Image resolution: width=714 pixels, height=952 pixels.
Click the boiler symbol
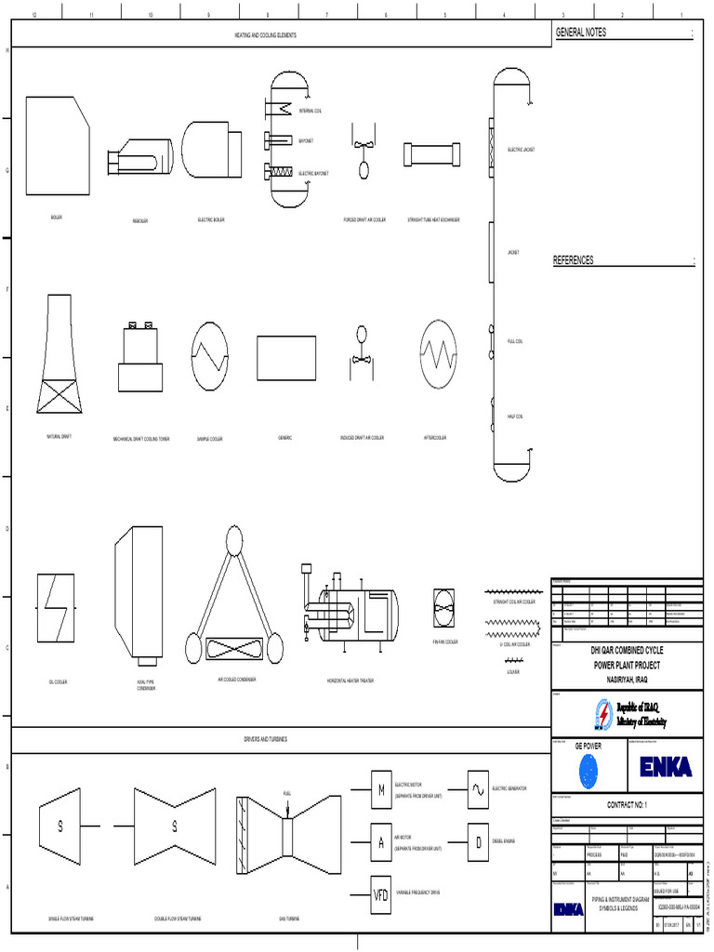58,146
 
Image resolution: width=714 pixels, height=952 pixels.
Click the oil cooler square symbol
57,608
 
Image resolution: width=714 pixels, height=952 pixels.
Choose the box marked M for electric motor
381,790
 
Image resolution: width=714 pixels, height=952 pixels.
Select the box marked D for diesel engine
477,842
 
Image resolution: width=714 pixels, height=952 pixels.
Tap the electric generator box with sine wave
477,789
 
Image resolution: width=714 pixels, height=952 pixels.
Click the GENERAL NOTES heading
580,32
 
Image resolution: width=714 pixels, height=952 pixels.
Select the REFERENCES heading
574,260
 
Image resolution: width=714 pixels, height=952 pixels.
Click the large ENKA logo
665,766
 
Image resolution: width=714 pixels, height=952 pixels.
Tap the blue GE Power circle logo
589,769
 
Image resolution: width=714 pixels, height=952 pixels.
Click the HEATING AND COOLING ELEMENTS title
265,34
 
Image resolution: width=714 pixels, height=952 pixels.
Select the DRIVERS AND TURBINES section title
265,739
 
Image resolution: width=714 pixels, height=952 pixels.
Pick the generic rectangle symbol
284,358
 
